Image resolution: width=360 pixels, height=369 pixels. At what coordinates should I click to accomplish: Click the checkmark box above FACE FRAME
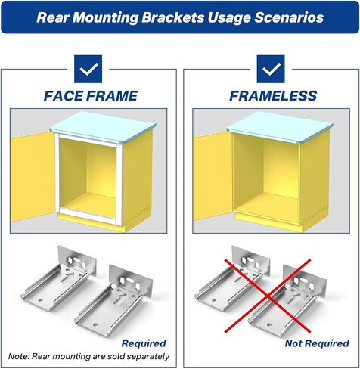[x=88, y=69]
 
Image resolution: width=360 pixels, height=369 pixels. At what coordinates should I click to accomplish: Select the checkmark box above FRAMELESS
[x=271, y=69]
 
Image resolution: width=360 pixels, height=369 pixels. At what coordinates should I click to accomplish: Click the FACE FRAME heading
[x=91, y=96]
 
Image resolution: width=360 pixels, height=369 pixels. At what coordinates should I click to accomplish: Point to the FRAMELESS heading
[x=273, y=96]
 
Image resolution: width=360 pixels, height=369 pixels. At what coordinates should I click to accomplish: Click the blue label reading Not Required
[x=317, y=343]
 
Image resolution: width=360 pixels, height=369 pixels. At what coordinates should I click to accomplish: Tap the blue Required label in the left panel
[x=144, y=343]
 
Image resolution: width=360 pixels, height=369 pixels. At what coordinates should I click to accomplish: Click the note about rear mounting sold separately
[x=88, y=356]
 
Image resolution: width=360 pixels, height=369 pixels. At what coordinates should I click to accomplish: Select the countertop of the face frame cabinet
[x=104, y=127]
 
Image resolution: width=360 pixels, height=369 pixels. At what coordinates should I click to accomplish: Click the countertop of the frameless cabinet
[x=281, y=127]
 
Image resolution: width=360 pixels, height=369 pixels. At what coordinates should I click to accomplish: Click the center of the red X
[x=268, y=296]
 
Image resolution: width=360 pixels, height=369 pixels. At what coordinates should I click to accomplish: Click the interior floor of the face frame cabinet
[x=88, y=203]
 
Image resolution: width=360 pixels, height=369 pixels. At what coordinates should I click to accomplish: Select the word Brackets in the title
[x=173, y=17]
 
